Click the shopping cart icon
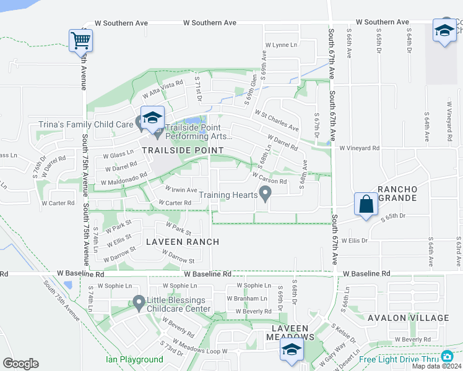pyautogui.click(x=80, y=41)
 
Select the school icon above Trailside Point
pyautogui.click(x=152, y=117)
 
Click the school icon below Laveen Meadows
pyautogui.click(x=292, y=349)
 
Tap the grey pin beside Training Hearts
pyautogui.click(x=266, y=195)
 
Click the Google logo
pyautogui.click(x=20, y=364)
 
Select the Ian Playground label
pyautogui.click(x=134, y=359)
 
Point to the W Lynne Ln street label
pyautogui.click(x=281, y=45)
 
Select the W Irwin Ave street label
pyautogui.click(x=181, y=189)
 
